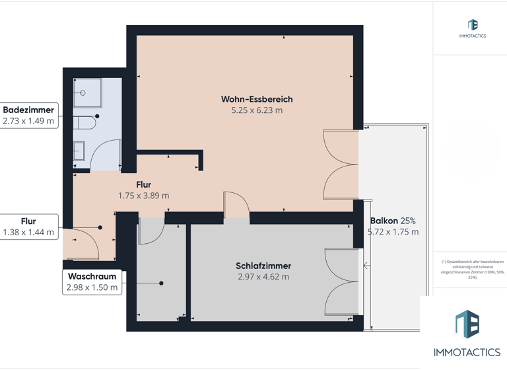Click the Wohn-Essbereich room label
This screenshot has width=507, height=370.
point(257,99)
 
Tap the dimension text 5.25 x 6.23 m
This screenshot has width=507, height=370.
point(257,110)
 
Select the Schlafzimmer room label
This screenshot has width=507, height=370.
point(263,266)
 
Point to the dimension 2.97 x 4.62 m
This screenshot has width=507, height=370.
point(263,277)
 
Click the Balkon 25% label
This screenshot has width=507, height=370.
point(393,221)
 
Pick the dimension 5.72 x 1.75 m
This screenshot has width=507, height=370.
point(393,232)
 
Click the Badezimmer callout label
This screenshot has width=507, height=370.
point(28,110)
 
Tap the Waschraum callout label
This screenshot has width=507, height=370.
point(92,276)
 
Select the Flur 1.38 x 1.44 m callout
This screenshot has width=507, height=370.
point(28,227)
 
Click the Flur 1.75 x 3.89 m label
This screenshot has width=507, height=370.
point(143,190)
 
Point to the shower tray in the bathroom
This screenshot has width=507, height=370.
point(87,92)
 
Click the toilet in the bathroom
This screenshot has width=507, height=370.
point(83,122)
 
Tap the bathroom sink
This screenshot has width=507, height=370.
point(79,151)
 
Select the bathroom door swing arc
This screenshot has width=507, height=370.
point(105,156)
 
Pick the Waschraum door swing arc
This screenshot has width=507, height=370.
point(151,231)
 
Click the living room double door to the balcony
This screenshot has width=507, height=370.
point(340,165)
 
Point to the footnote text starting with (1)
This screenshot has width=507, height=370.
point(469,270)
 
